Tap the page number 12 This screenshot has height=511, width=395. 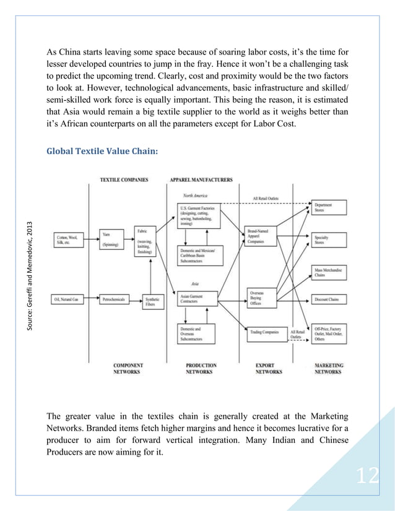coord(367,476)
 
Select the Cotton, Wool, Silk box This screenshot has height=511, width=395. coord(69,239)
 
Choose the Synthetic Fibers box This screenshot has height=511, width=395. coord(152,302)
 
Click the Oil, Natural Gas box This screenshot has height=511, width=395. coord(69,299)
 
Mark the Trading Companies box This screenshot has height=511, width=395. coord(264,332)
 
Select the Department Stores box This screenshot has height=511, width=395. coord(329,208)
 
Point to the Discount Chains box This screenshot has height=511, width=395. coord(329,299)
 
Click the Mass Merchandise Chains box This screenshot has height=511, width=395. coord(329,272)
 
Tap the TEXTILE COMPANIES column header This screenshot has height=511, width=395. coord(124,180)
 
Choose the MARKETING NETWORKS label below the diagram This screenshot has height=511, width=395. coord(329,369)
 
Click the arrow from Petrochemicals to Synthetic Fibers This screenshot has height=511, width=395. coord(135,299)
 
